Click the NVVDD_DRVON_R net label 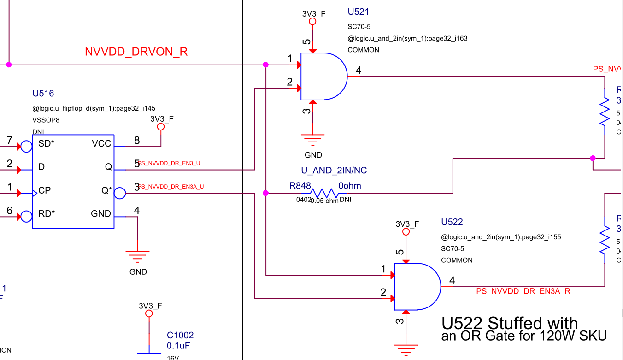tap(136, 52)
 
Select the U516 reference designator tap(43, 94)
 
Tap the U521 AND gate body tap(323, 77)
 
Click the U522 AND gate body tap(416, 287)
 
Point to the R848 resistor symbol tap(324, 193)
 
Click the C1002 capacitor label tap(180, 336)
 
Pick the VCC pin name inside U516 tap(101, 144)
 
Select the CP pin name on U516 tap(45, 190)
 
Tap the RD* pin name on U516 tap(47, 214)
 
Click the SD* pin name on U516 tap(46, 144)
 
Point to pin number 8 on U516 tap(137, 140)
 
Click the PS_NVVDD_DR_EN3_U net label tap(169, 163)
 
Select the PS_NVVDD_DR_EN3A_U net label tap(171, 187)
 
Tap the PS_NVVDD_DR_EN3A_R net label tap(523, 291)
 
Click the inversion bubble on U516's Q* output tap(119, 193)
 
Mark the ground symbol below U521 tap(313, 139)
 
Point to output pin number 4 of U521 tap(359, 71)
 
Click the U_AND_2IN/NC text tap(334, 171)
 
